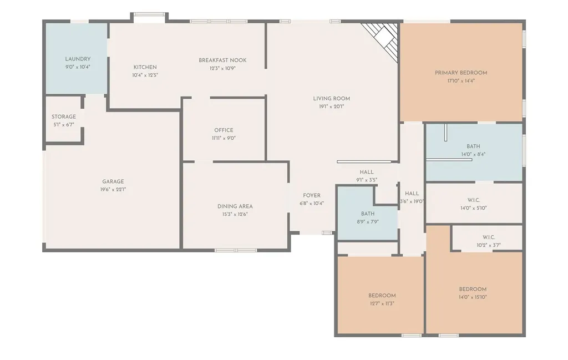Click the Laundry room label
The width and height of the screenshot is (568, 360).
click(x=78, y=59)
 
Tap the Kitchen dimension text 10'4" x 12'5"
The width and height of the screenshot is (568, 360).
click(x=145, y=75)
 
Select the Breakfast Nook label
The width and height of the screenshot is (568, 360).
click(x=222, y=60)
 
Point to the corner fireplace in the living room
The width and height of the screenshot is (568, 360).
click(x=383, y=39)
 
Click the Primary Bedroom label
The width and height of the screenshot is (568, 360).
click(x=461, y=73)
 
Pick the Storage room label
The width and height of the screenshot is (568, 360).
click(x=64, y=116)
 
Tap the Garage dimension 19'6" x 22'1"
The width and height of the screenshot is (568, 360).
click(x=113, y=189)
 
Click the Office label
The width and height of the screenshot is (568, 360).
click(x=224, y=130)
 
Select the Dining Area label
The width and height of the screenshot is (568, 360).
click(x=235, y=206)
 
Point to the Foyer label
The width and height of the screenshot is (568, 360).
click(x=312, y=196)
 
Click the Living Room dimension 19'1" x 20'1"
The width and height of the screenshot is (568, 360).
click(x=332, y=107)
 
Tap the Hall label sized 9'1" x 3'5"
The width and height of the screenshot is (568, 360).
click(x=367, y=172)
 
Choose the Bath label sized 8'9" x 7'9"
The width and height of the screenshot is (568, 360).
click(x=368, y=214)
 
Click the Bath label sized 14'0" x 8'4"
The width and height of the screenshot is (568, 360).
click(x=473, y=146)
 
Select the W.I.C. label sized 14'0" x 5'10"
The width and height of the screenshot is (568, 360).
click(x=474, y=200)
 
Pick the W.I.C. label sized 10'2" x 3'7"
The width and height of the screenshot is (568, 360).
click(x=488, y=237)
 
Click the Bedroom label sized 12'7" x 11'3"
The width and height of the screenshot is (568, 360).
click(x=382, y=296)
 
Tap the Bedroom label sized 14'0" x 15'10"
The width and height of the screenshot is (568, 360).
click(x=473, y=289)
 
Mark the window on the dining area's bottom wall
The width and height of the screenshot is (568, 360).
click(x=236, y=250)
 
